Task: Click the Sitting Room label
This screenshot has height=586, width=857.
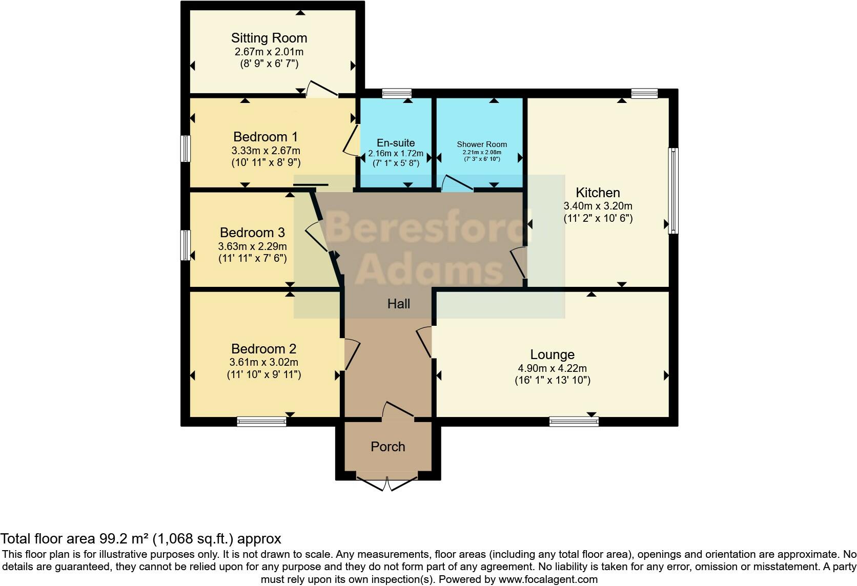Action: (x=269, y=38)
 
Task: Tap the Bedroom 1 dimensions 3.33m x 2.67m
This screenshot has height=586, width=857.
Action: (x=266, y=151)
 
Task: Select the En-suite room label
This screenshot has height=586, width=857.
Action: (x=396, y=143)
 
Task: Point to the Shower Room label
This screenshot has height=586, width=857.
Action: (x=482, y=144)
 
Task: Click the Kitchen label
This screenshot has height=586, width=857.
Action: (x=598, y=193)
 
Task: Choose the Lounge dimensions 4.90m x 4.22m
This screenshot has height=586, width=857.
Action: (x=552, y=368)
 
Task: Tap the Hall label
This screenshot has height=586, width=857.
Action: (x=399, y=304)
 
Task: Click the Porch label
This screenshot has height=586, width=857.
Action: (x=388, y=447)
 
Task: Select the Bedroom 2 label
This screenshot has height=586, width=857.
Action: (x=264, y=349)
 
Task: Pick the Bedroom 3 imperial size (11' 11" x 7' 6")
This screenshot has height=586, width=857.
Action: (x=252, y=258)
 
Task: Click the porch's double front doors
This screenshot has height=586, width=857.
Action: (x=387, y=483)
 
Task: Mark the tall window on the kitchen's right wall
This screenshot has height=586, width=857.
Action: (x=674, y=191)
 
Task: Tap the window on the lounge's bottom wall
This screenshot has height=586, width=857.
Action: (x=574, y=422)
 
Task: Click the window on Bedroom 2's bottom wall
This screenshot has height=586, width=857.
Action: (x=261, y=422)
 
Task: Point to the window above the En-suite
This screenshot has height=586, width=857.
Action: (x=397, y=93)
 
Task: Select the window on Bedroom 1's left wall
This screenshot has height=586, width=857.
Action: (x=186, y=149)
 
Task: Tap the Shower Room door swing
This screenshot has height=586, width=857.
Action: (x=456, y=183)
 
